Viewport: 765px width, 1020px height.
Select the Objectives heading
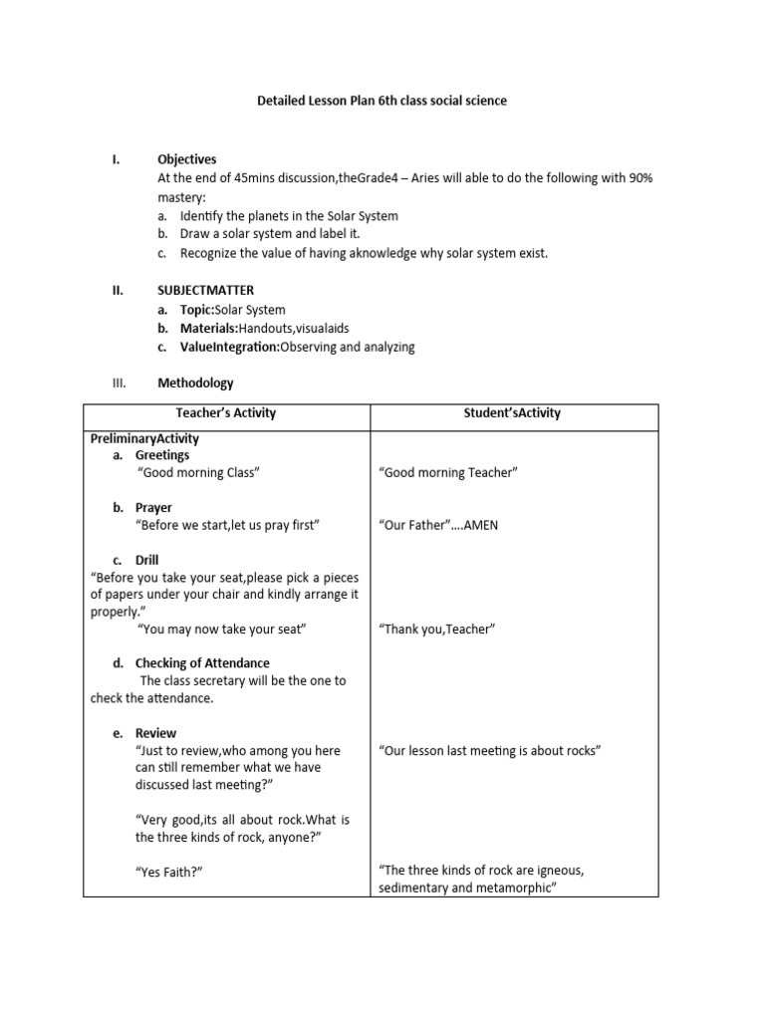tap(186, 159)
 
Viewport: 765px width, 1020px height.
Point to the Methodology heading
tap(195, 382)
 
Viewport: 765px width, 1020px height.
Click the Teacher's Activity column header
tap(226, 413)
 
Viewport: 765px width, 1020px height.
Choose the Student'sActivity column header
tap(513, 413)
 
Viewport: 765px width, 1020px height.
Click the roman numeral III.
tap(117, 382)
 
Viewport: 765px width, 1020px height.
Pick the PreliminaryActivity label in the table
tap(144, 438)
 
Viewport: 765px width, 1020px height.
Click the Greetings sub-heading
tap(162, 455)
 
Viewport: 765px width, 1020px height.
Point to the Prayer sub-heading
tap(154, 508)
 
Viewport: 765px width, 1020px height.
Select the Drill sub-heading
tap(147, 560)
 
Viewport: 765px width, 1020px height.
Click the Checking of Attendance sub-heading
tap(202, 663)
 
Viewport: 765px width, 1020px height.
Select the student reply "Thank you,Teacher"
tap(437, 630)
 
